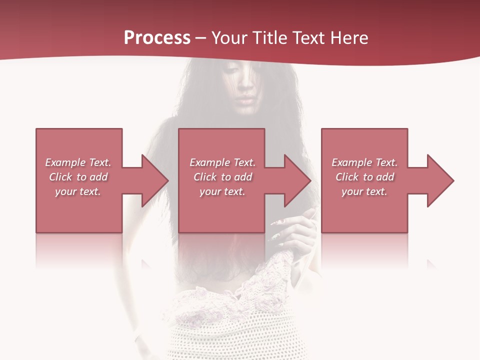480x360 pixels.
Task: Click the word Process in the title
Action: click(157, 37)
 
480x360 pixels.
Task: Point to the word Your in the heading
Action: click(230, 37)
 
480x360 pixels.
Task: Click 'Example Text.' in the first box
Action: click(78, 162)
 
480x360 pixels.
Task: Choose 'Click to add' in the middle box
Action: click(222, 177)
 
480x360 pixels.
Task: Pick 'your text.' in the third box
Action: click(364, 191)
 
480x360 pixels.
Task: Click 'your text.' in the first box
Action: click(78, 191)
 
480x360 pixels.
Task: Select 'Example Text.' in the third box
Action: click(364, 162)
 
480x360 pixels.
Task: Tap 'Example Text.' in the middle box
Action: click(222, 162)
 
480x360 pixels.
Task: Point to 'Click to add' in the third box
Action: click(364, 177)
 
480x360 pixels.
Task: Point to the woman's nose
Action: click(245, 88)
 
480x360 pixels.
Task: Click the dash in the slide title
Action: click(201, 38)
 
